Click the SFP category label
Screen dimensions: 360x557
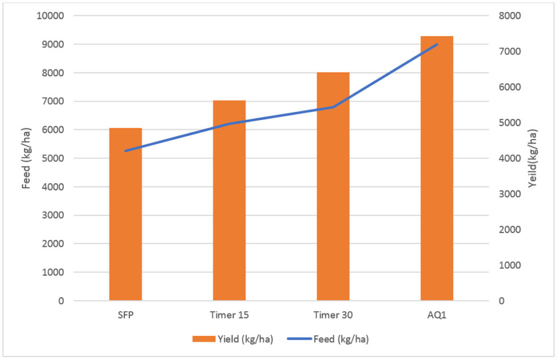[x=125, y=315]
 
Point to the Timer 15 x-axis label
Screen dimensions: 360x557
[x=229, y=315]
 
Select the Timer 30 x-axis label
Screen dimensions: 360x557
[x=333, y=315]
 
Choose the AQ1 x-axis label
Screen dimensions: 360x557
[x=437, y=315]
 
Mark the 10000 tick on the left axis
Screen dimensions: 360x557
[x=50, y=16]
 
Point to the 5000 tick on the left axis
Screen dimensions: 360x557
[x=53, y=158]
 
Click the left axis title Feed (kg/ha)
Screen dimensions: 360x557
[x=26, y=158]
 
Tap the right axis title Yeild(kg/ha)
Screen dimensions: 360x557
[x=533, y=158]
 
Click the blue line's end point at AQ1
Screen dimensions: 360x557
[x=437, y=44]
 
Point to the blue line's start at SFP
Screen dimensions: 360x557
[x=125, y=151]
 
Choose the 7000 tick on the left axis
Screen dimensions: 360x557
[x=53, y=101]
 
